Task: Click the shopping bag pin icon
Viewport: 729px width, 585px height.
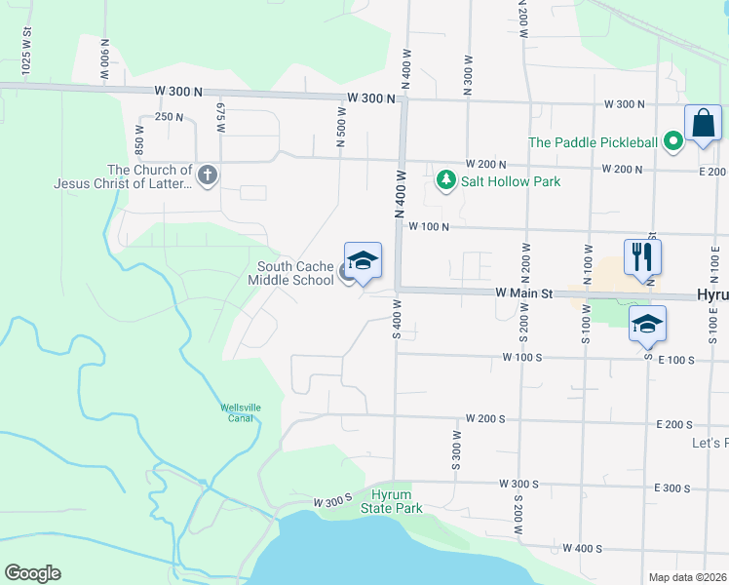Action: tap(702, 124)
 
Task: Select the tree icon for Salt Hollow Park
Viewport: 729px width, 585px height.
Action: tap(446, 180)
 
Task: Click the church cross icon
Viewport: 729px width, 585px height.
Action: tap(207, 175)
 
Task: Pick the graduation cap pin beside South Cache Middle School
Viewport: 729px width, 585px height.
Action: tap(363, 261)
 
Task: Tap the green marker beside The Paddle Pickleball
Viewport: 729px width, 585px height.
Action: tap(672, 142)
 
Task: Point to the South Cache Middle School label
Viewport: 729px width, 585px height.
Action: tap(295, 274)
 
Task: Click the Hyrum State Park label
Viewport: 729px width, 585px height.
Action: tap(392, 502)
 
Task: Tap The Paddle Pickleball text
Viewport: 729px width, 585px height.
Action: tap(593, 142)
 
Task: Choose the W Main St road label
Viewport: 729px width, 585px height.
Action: tap(523, 292)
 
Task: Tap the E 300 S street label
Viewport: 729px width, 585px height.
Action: tap(672, 487)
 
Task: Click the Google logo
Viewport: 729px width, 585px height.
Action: tap(32, 573)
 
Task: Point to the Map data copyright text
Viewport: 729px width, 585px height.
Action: tap(687, 577)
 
